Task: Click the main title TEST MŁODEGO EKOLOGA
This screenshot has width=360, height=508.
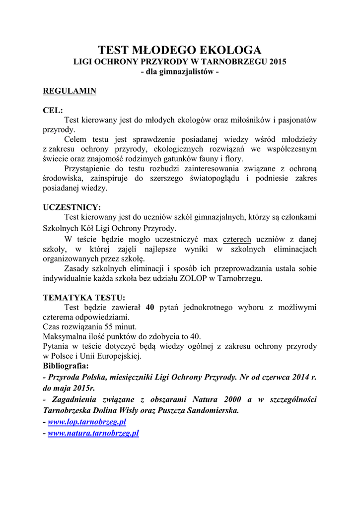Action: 180,50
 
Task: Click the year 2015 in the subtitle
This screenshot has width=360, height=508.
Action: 277,62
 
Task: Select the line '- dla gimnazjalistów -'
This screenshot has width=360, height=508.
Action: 180,72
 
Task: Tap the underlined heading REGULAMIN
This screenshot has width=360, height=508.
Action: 70,91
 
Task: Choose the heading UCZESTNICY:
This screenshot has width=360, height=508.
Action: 72,207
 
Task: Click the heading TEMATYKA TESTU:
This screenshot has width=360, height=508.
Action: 84,298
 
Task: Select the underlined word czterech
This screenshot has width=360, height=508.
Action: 237,240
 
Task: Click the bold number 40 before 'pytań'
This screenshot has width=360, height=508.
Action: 150,308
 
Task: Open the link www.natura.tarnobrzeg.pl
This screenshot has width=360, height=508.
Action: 93,433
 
